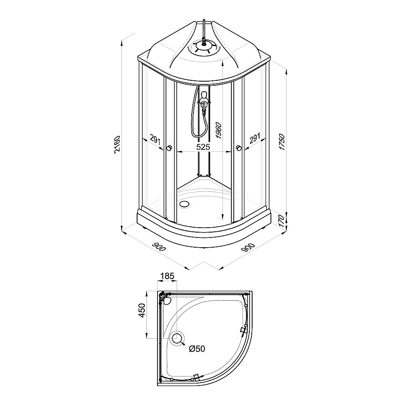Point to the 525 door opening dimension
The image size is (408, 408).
click(203, 147)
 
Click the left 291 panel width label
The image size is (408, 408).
click(155, 140)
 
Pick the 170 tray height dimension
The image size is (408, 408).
click(283, 221)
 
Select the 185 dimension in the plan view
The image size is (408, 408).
click(167, 276)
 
